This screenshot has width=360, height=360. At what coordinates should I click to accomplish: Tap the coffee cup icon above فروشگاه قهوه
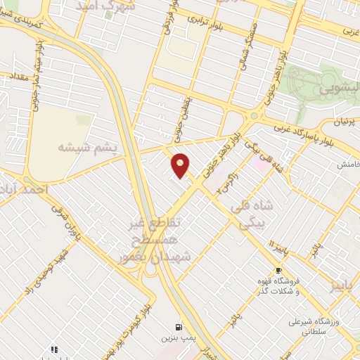point(279,270)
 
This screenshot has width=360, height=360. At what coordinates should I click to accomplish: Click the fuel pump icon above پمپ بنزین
point(178,327)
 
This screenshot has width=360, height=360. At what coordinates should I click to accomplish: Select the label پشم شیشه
point(80,148)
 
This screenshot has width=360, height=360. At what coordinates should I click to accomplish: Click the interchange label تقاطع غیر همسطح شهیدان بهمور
point(150,240)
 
